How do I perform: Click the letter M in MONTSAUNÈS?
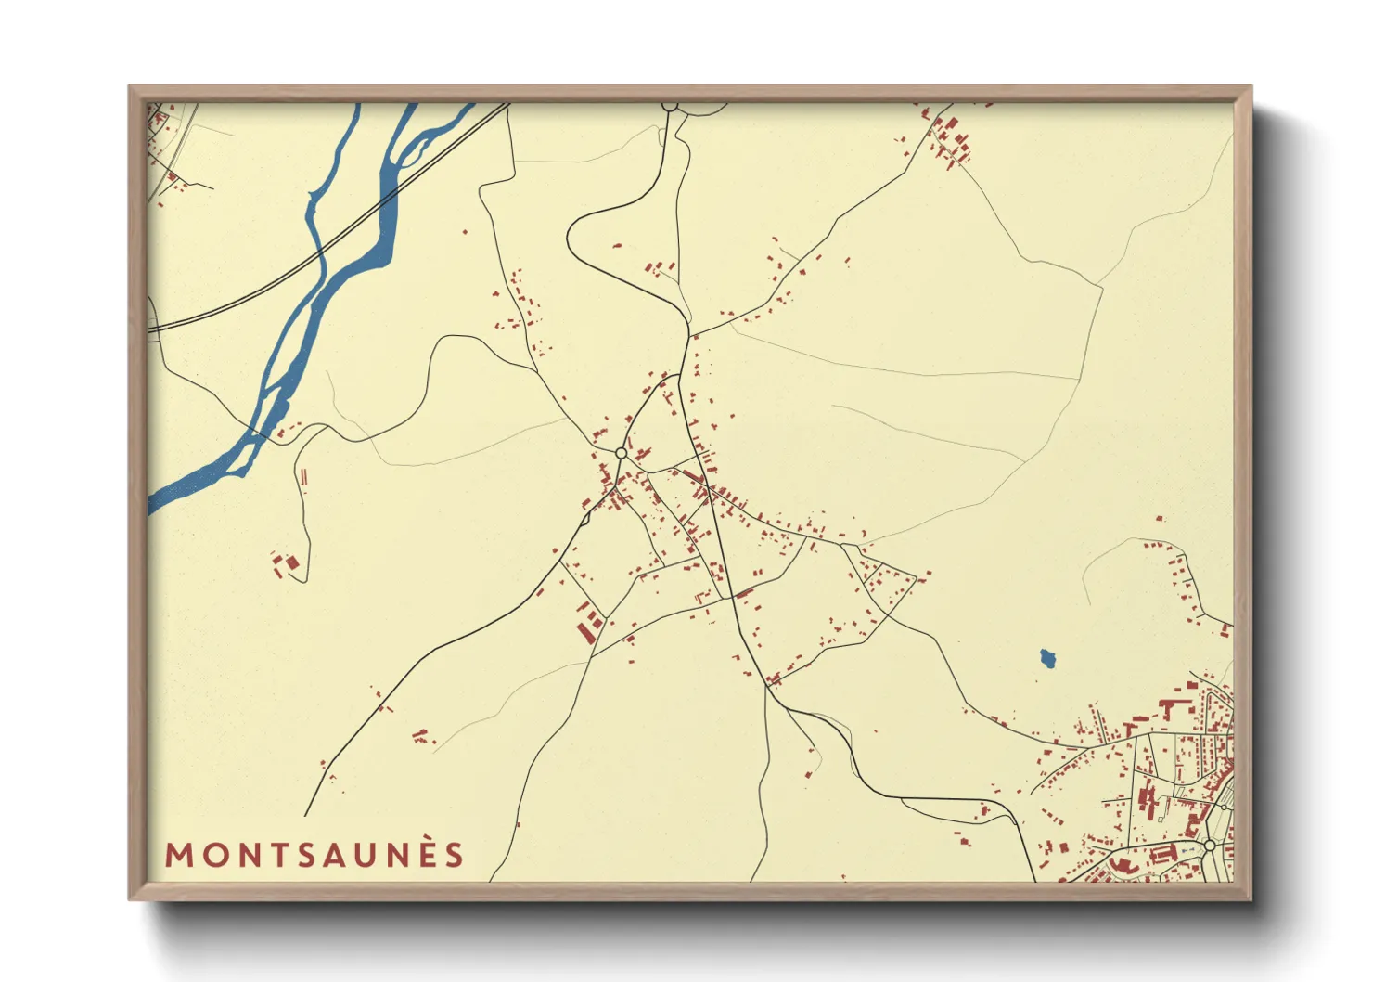pyautogui.click(x=180, y=855)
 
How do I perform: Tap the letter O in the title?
pyautogui.click(x=217, y=855)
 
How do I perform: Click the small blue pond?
pyautogui.click(x=1047, y=659)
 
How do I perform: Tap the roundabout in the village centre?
pyautogui.click(x=621, y=453)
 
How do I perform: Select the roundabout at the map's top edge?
pyautogui.click(x=670, y=106)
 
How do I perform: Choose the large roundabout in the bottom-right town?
pyautogui.click(x=1209, y=846)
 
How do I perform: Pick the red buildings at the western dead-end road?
pyautogui.click(x=285, y=564)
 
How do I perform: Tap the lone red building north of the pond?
pyautogui.click(x=1159, y=519)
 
